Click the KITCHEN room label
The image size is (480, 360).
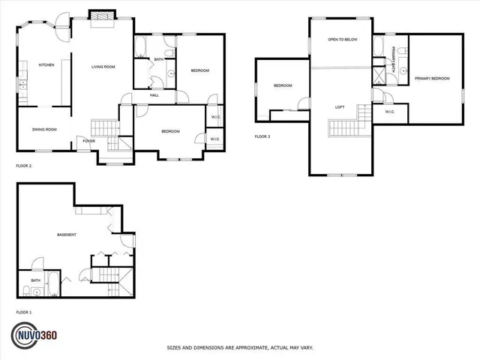(46, 65)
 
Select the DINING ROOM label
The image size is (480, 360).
(44, 130)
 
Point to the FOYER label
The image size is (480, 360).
(88, 140)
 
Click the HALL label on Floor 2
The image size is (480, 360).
(154, 95)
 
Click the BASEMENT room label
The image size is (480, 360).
(67, 235)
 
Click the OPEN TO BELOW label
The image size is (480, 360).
(341, 39)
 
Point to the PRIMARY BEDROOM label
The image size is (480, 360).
(431, 78)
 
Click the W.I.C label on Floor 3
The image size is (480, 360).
(389, 112)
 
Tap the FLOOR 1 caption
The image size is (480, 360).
(24, 312)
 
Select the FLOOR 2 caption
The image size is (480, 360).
(24, 165)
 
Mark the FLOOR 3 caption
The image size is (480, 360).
(262, 136)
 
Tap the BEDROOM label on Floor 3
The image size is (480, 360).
(282, 85)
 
